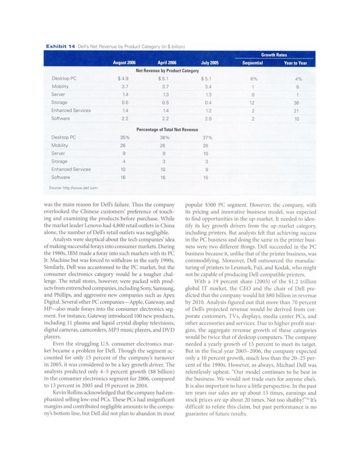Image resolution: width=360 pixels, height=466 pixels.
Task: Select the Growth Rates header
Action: click(x=272, y=55)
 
